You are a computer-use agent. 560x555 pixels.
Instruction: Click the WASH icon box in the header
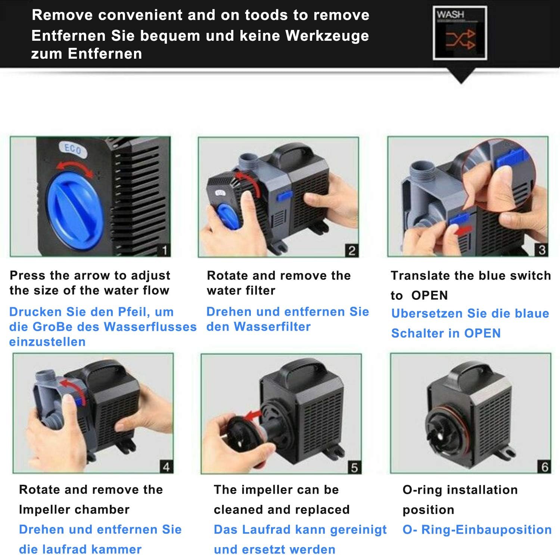click(x=460, y=33)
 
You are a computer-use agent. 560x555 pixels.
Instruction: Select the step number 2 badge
click(x=351, y=250)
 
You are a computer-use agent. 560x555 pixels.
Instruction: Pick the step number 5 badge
click(x=354, y=467)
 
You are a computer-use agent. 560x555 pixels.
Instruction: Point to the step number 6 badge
click(x=544, y=467)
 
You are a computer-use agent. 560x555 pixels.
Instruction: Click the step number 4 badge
click(x=166, y=467)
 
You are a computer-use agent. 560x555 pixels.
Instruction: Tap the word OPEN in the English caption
click(x=429, y=295)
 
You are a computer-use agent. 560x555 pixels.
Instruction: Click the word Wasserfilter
click(x=272, y=327)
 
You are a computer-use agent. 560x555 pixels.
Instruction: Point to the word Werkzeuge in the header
click(x=327, y=36)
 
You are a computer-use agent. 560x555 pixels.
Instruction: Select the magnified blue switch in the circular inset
click(x=509, y=158)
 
